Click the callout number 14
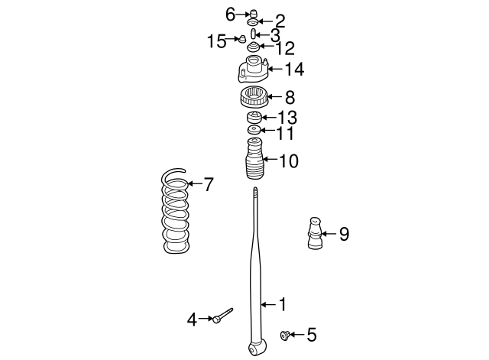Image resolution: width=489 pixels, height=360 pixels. click(295, 70)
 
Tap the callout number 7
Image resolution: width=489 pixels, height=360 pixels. click(209, 184)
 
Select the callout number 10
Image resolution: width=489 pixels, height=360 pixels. click(289, 161)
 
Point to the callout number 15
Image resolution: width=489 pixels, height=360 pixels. click(217, 41)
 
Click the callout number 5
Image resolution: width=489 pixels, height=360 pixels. click(312, 335)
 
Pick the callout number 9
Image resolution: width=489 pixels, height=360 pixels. click(344, 234)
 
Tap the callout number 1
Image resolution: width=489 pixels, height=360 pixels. click(283, 304)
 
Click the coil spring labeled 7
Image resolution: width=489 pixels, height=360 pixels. click(176, 212)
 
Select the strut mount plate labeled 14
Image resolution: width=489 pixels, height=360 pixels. click(253, 70)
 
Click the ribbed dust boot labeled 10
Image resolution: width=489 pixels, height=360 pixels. click(254, 159)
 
